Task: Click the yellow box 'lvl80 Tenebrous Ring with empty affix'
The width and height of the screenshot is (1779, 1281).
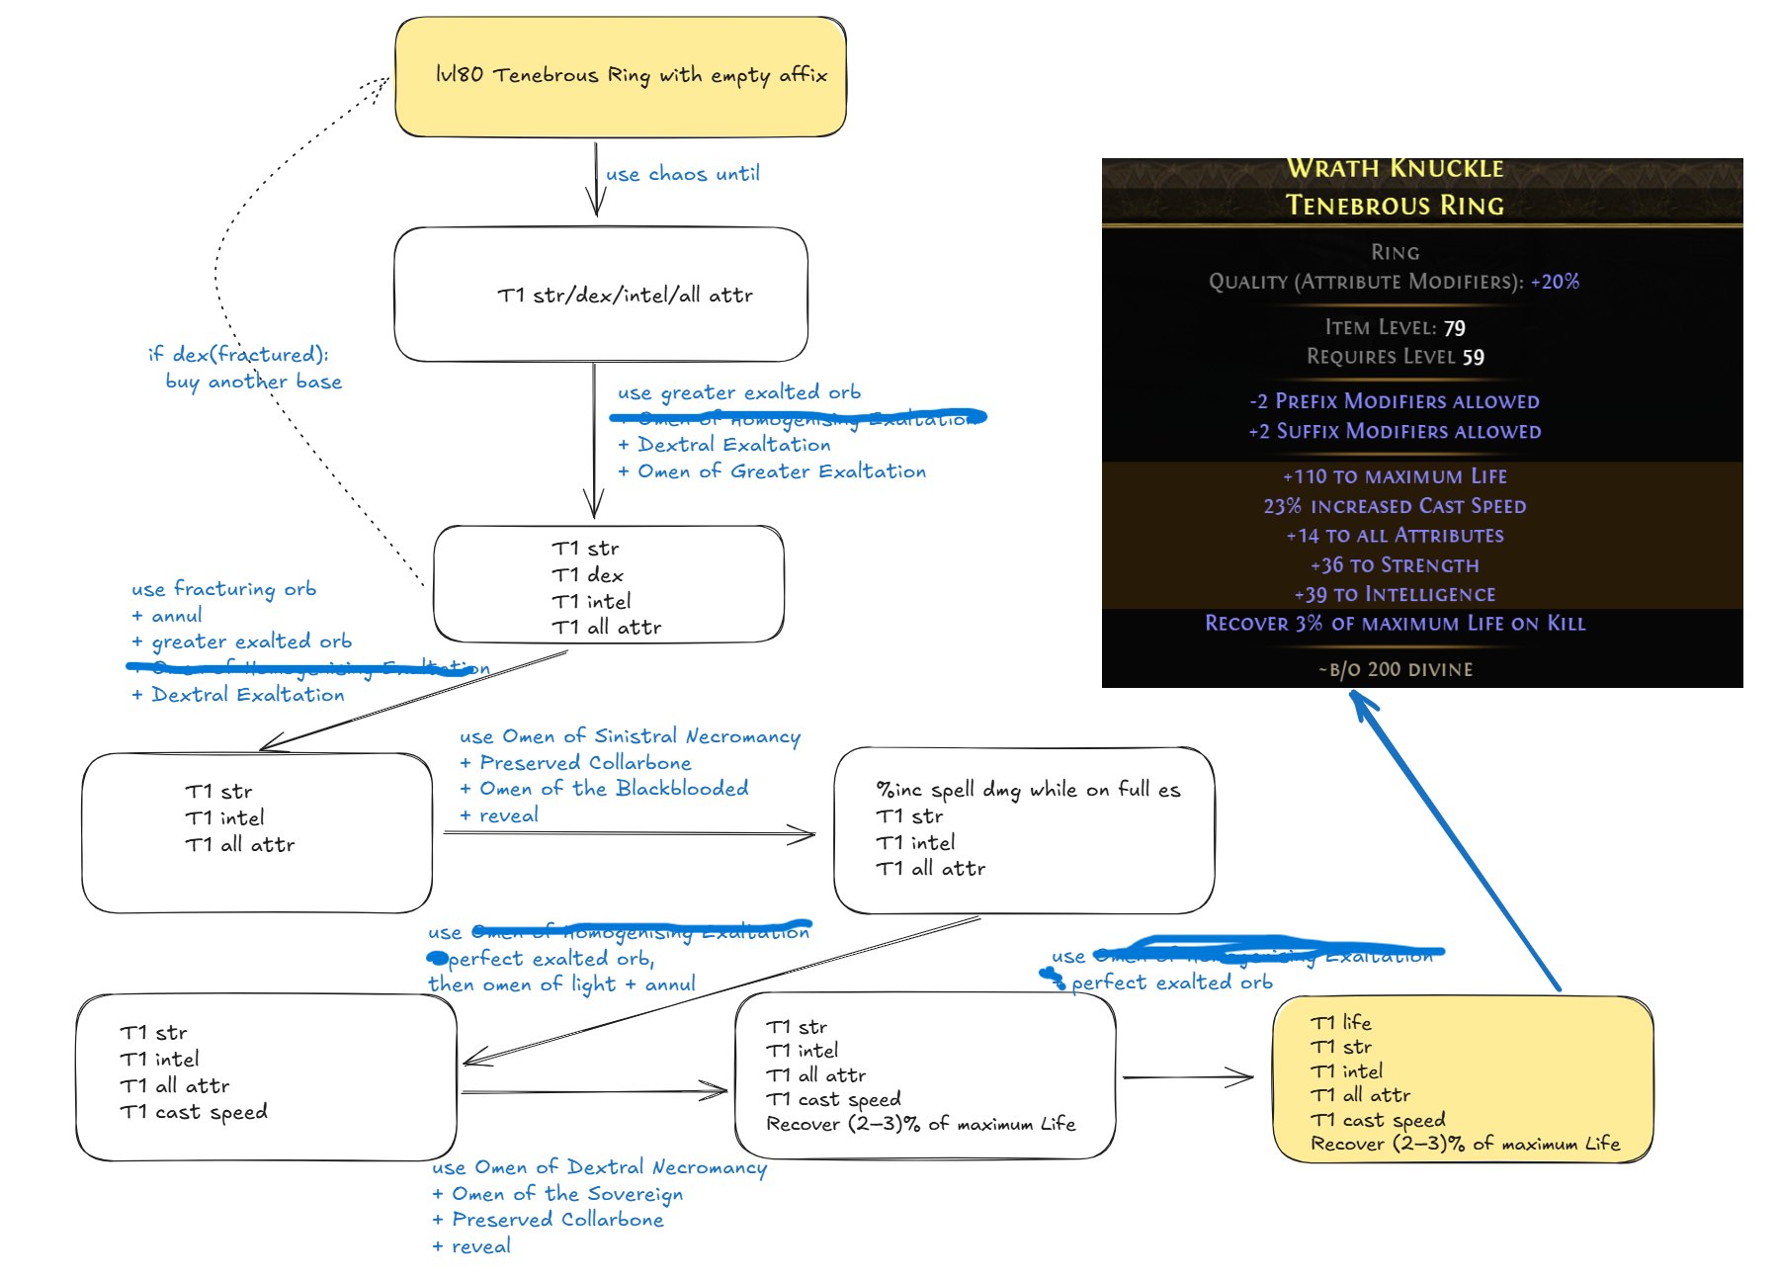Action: (x=621, y=76)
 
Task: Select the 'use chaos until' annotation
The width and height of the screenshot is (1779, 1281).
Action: (x=682, y=174)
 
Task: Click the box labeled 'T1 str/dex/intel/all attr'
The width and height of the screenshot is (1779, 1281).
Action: (x=601, y=295)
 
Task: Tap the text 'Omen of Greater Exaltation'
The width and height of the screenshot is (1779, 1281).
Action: (x=781, y=471)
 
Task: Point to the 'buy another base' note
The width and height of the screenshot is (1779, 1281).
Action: (x=254, y=382)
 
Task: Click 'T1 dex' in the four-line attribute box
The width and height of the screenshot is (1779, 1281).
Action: (x=587, y=574)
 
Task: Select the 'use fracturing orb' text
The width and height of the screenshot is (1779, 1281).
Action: (x=224, y=588)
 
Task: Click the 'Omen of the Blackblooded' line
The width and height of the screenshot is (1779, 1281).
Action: (x=614, y=789)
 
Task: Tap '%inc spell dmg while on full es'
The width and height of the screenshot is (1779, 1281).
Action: (x=1028, y=789)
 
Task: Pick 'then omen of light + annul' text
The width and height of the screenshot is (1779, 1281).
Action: (x=561, y=984)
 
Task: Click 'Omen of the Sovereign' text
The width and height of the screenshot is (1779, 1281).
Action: (x=567, y=1194)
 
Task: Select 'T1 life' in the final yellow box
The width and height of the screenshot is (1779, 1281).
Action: (x=1340, y=1022)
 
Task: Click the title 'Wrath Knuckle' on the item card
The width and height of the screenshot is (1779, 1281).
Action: (x=1395, y=169)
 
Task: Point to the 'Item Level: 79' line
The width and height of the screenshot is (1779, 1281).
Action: (x=1395, y=327)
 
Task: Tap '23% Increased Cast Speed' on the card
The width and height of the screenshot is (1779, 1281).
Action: (x=1395, y=506)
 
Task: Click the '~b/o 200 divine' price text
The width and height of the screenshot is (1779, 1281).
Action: (x=1395, y=669)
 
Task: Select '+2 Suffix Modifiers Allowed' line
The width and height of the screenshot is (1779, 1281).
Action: (x=1395, y=431)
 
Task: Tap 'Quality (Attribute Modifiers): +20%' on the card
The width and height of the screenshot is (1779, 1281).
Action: (x=1395, y=282)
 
